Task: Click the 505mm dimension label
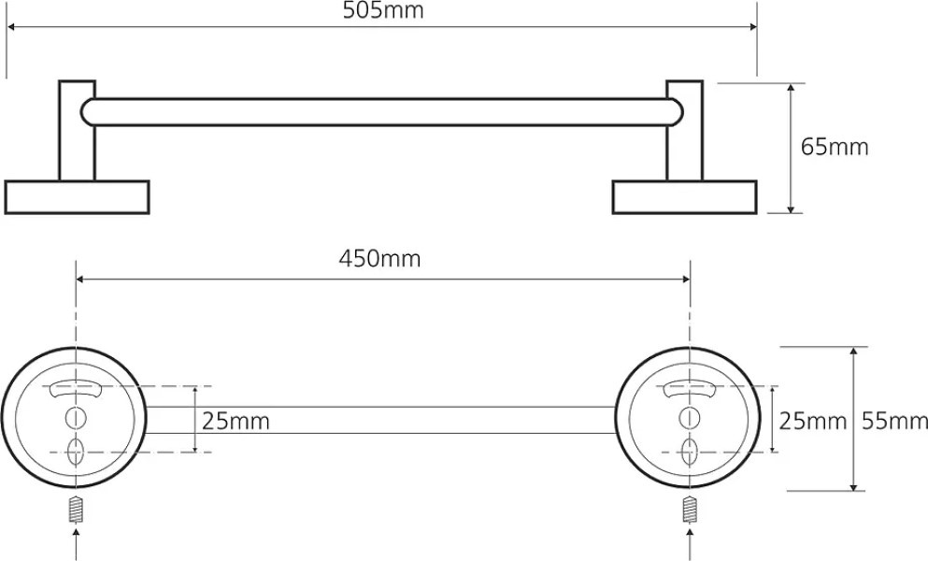383,10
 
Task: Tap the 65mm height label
834,147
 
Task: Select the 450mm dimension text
379,259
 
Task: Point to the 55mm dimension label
893,421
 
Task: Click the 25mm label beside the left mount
236,421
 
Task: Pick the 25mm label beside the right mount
813,421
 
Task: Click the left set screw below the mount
76,510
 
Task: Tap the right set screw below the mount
689,510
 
